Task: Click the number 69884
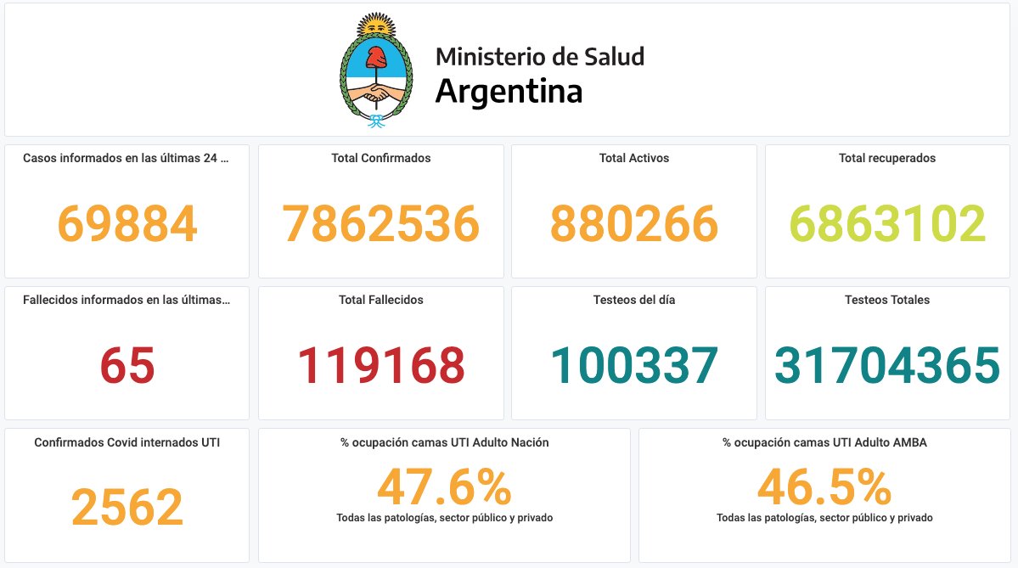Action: click(127, 224)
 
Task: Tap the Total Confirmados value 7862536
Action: click(380, 224)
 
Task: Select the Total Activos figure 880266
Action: click(633, 224)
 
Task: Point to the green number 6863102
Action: click(887, 224)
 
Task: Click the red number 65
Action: click(127, 366)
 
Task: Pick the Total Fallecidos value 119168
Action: click(380, 366)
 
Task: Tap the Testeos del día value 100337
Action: click(633, 366)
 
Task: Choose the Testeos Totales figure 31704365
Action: click(887, 366)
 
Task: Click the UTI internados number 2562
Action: click(127, 508)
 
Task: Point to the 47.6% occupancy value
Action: click(444, 488)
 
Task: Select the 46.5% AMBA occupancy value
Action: click(824, 488)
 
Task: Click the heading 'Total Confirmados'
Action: click(380, 158)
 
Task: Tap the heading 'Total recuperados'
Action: click(887, 158)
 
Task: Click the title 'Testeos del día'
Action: click(633, 300)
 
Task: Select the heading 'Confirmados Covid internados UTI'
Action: click(127, 442)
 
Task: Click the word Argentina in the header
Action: click(509, 91)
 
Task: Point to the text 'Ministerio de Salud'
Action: click(539, 57)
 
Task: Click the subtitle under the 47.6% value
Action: click(444, 517)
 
